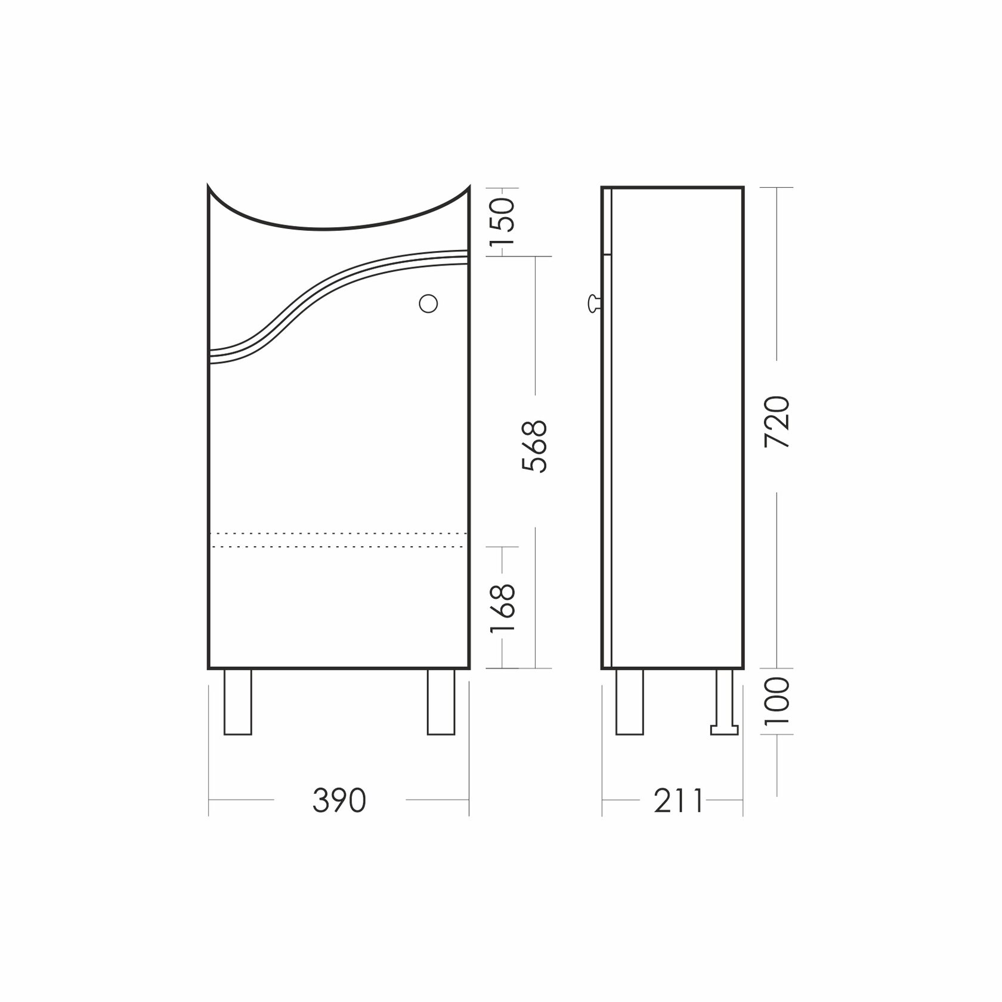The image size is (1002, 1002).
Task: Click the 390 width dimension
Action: (x=339, y=800)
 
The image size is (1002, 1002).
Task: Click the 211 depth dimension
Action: (x=679, y=800)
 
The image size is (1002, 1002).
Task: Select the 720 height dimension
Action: (x=778, y=422)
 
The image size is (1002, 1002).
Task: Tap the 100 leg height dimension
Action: (x=778, y=701)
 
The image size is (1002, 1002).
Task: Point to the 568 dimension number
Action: (x=534, y=447)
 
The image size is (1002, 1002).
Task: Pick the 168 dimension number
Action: (x=502, y=608)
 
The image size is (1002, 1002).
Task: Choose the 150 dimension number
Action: (x=502, y=221)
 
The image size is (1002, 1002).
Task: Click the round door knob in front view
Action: (x=428, y=304)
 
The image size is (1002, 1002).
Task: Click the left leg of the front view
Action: (x=237, y=702)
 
